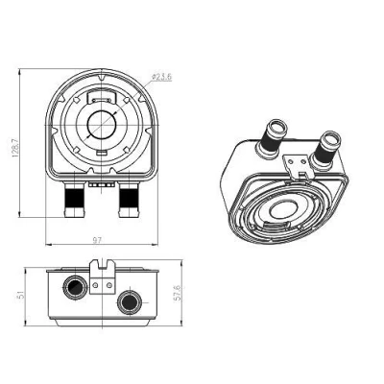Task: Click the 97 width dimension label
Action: (97, 240)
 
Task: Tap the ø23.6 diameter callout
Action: (161, 77)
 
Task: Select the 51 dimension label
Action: (20, 295)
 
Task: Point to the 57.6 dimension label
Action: (178, 293)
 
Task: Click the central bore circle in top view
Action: (102, 126)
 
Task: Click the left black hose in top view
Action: (74, 198)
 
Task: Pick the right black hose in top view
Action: (129, 198)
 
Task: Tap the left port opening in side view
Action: (75, 287)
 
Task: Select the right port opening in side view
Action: (130, 301)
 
